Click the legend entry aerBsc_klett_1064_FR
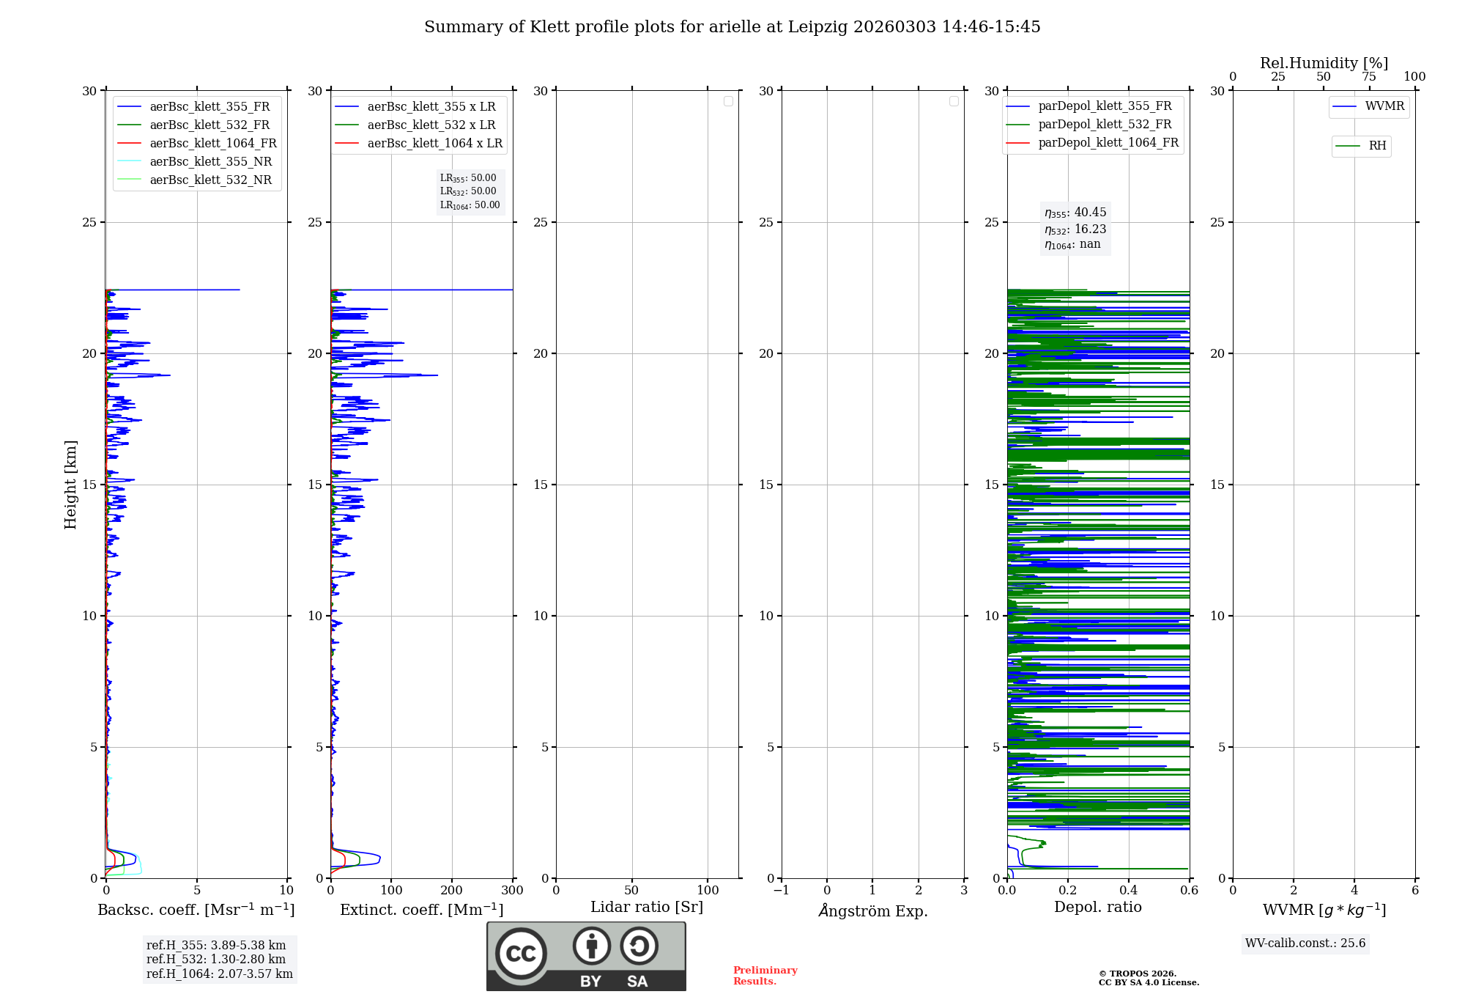click(212, 143)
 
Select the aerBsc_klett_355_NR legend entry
click(210, 161)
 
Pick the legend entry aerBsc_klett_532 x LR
click(431, 125)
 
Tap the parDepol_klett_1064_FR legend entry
click(1108, 142)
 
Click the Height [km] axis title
click(70, 484)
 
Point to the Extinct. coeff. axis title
click(421, 910)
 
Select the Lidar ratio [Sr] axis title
click(647, 907)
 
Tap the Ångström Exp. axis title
click(872, 910)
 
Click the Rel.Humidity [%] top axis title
click(1324, 63)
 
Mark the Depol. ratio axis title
click(1097, 907)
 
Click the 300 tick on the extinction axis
click(513, 891)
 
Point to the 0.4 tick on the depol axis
click(1129, 891)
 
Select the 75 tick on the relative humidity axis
click(1369, 77)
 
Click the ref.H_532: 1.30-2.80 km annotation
click(216, 959)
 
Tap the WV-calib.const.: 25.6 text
click(1305, 943)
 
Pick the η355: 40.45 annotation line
click(1075, 213)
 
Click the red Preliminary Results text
click(765, 976)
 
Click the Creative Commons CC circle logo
click(521, 954)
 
